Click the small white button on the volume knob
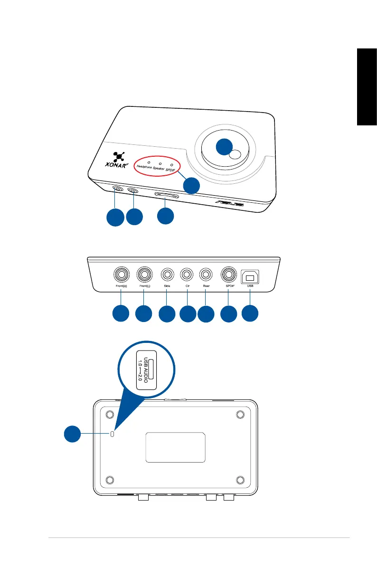click(235, 154)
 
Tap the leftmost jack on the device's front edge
click(118, 189)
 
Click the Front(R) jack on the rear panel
click(121, 275)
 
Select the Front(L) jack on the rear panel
click(145, 275)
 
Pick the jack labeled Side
click(167, 275)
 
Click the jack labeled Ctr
click(187, 275)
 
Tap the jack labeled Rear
click(207, 275)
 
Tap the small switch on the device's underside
click(112, 434)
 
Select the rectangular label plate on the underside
click(176, 447)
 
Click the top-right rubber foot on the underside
click(240, 415)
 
